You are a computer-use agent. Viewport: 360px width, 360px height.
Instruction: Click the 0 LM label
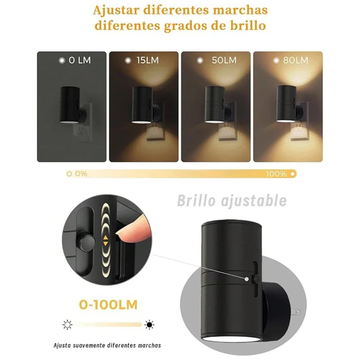coord(79,60)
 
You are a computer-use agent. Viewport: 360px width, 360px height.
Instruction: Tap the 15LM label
coord(147,60)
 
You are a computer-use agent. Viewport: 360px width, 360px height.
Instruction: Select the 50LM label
coord(224,60)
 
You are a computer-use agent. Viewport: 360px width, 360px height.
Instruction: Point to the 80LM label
coord(295,60)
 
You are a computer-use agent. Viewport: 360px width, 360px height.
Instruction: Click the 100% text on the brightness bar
coord(276,174)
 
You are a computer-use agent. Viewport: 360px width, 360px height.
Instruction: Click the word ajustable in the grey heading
coord(252,201)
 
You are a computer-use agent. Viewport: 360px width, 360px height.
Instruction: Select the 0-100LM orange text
coord(108,305)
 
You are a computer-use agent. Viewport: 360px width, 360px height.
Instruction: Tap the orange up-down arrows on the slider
coord(105,240)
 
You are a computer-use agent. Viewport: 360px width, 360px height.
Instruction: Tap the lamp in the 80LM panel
coord(286,104)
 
